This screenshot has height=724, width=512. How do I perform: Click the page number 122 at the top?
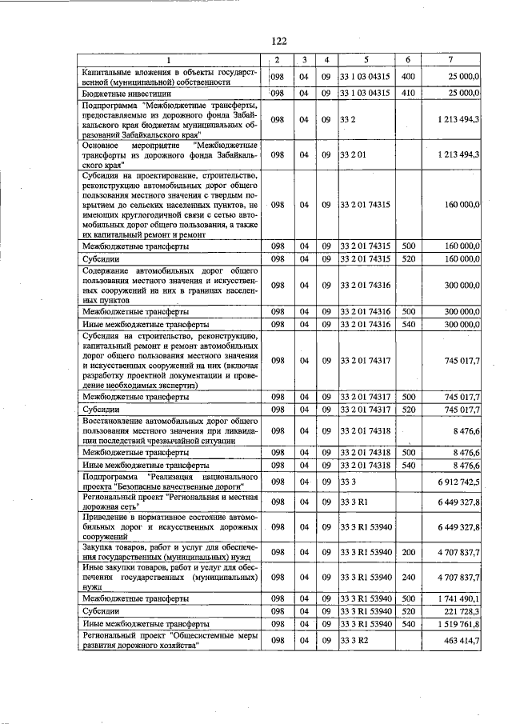278,41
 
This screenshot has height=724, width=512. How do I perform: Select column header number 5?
365,60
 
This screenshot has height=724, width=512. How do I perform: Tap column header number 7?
453,60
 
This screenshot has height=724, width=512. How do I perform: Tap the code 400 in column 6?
407,76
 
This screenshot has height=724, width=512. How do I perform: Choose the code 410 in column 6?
407,94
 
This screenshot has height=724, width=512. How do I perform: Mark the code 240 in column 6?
407,576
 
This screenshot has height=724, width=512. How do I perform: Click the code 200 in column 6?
407,552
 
